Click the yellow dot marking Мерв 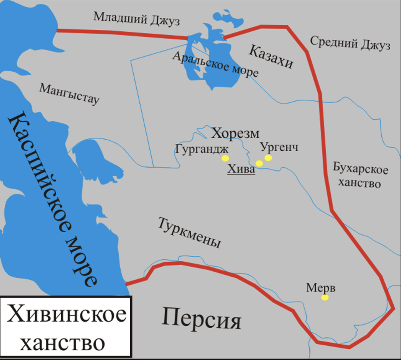point(324,297)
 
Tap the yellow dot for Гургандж point(225,158)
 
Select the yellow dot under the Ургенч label point(268,157)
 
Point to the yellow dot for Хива point(259,163)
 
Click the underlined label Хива point(241,169)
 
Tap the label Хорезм point(235,133)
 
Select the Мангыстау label point(70,94)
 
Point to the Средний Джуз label point(350,43)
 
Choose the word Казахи point(271,56)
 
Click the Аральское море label point(216,64)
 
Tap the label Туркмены point(189,233)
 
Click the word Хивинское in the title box point(67,314)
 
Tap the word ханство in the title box point(62,343)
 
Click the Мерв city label point(320,287)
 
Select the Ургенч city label point(279,147)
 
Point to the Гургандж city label point(202,149)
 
